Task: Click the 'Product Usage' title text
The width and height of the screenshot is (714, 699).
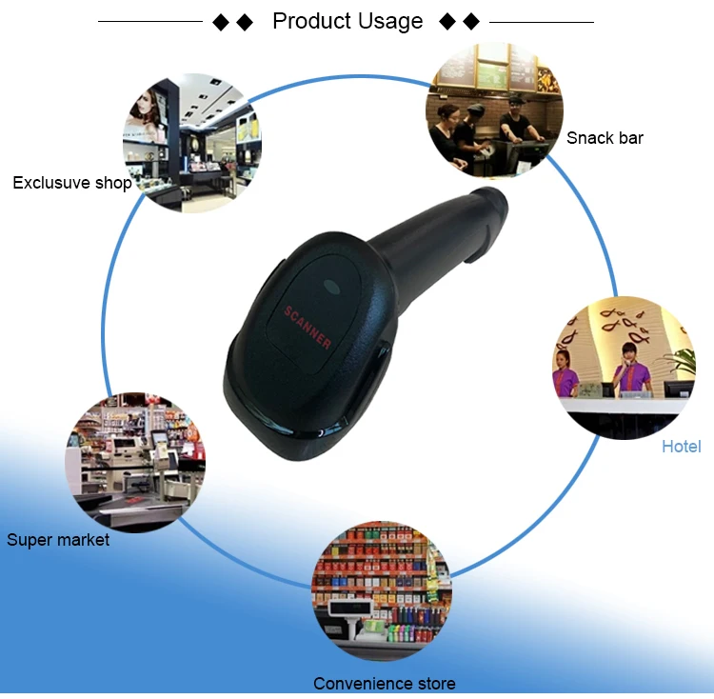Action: pyautogui.click(x=347, y=21)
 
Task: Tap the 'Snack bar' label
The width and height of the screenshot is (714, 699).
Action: pyautogui.click(x=605, y=138)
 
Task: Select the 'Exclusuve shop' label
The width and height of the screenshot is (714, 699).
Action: pyautogui.click(x=71, y=182)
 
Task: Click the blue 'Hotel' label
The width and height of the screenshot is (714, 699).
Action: pyautogui.click(x=681, y=447)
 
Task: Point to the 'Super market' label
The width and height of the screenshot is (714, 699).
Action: pyautogui.click(x=58, y=540)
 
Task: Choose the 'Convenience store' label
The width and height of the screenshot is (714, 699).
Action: pyautogui.click(x=384, y=683)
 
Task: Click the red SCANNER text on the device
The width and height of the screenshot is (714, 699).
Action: pyautogui.click(x=307, y=327)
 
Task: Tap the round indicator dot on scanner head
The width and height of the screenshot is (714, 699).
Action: pyautogui.click(x=330, y=286)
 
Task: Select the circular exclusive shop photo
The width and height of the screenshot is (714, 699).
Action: pyautogui.click(x=191, y=143)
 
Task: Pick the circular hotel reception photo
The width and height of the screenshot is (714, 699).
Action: pyautogui.click(x=625, y=367)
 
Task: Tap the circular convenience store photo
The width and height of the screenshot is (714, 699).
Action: pyautogui.click(x=382, y=590)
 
